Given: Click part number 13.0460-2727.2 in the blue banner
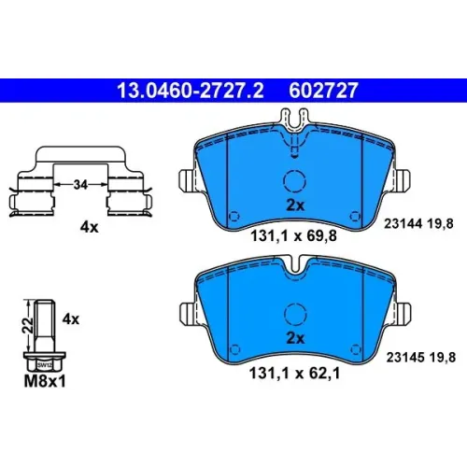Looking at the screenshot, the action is click(x=191, y=91).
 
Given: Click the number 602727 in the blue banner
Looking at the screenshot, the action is click(x=323, y=91).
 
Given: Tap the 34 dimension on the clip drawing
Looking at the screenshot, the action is click(x=80, y=185).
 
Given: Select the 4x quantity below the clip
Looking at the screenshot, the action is click(x=89, y=227).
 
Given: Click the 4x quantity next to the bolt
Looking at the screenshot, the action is click(x=71, y=319).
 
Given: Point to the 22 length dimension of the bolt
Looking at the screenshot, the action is click(x=29, y=325).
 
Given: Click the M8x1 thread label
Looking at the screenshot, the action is click(x=45, y=381).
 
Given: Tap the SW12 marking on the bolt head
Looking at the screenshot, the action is click(x=45, y=365).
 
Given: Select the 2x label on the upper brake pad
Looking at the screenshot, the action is click(x=295, y=205).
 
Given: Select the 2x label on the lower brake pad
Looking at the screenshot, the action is click(x=295, y=338).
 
